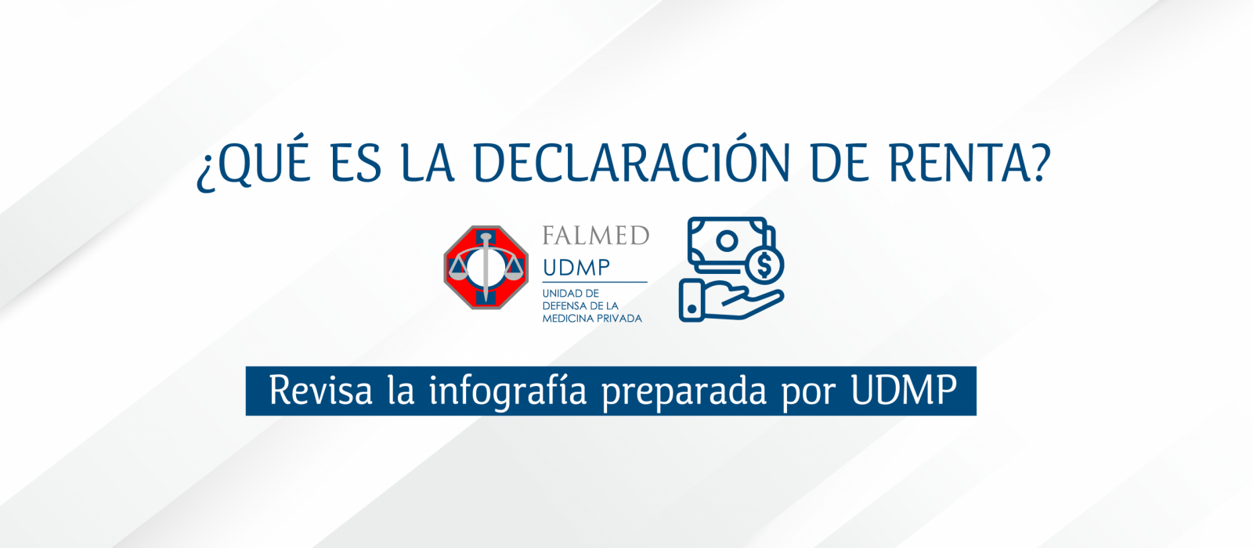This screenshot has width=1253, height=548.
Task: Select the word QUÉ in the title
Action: pos(263,161)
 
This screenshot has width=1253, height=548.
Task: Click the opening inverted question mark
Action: pos(205,172)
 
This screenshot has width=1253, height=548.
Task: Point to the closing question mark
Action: pos(1041,163)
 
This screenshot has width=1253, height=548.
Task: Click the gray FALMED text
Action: pos(596,236)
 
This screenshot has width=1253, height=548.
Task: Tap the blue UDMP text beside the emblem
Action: pos(576,268)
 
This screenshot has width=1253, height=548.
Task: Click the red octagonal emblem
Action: pos(486,267)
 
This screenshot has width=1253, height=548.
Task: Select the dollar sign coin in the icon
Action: pos(764,266)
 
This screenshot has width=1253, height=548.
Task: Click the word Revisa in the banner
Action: pos(320,391)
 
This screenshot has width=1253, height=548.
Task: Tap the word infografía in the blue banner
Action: pos(508,391)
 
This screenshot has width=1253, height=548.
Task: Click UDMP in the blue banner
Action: pos(904,390)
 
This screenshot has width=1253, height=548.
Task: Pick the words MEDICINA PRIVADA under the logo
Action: pos(592,319)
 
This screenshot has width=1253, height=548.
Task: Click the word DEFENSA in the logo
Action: pos(565,306)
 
